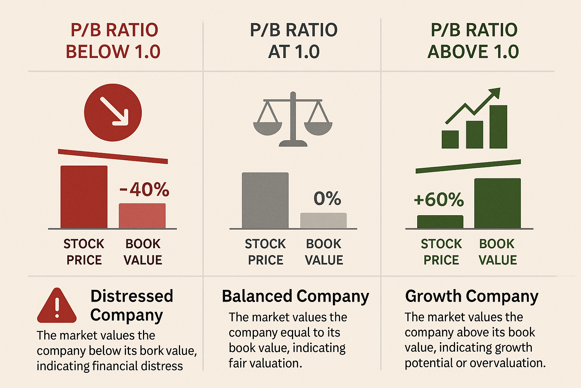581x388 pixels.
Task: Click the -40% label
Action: [x=144, y=189]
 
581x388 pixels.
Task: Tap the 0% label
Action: [x=327, y=198]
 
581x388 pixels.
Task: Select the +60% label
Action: [x=439, y=200]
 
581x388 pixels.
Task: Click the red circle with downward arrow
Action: [x=113, y=113]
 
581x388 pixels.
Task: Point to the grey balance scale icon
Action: [x=293, y=119]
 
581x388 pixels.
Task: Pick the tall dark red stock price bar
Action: [x=84, y=197]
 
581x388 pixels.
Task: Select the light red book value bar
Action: [x=142, y=216]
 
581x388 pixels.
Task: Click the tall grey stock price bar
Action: [x=265, y=200]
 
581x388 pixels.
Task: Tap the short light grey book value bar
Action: [x=323, y=221]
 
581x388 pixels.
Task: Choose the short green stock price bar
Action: [x=440, y=222]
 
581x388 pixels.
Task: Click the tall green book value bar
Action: [x=497, y=203]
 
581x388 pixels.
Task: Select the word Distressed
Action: [x=132, y=296]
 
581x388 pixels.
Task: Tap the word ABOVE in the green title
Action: [x=457, y=52]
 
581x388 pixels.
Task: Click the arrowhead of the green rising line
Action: [x=496, y=93]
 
